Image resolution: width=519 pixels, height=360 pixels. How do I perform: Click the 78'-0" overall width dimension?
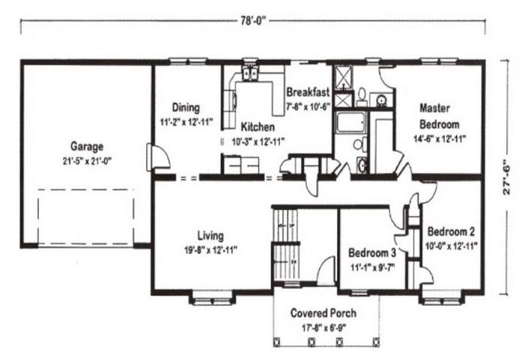[x=253, y=21]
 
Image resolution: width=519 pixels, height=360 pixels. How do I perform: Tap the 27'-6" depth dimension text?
[x=506, y=177]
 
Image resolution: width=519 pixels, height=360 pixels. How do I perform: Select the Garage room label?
[x=87, y=146]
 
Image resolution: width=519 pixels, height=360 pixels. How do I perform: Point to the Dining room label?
[x=186, y=108]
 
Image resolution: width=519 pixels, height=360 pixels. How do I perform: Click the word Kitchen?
[x=258, y=126]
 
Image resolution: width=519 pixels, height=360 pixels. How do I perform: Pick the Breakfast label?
[x=308, y=91]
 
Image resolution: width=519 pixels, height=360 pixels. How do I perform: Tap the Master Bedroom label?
[x=439, y=116]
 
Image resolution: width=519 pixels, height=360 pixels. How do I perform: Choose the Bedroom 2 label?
[x=451, y=231]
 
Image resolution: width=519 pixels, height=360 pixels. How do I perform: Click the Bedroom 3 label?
[x=372, y=253]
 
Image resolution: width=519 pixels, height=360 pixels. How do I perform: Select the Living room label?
[x=210, y=236]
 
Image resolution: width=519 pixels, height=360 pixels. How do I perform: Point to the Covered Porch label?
[x=324, y=313]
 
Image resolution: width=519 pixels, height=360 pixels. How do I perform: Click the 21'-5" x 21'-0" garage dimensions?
[x=87, y=161]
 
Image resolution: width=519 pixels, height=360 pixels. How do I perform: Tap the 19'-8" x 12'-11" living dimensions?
[x=210, y=250]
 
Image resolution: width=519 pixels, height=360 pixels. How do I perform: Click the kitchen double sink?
[x=249, y=73]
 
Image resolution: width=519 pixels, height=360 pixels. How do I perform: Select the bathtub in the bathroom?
[x=350, y=122]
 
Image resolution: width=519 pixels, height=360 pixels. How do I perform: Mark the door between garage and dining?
[x=158, y=157]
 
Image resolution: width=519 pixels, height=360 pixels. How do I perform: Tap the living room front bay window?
[x=212, y=298]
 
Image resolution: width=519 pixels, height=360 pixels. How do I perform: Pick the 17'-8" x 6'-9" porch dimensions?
[x=324, y=328]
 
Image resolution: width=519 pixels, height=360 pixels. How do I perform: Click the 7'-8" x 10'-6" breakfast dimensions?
[x=308, y=106]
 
